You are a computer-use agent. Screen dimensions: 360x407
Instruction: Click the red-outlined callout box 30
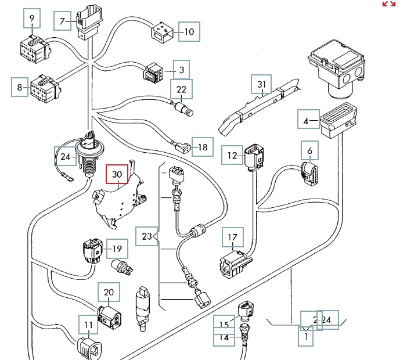[117, 174]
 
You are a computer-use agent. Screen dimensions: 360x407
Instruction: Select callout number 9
[32, 20]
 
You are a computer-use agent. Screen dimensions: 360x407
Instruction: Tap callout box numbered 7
[62, 21]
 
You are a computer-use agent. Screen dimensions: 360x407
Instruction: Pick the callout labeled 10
[189, 31]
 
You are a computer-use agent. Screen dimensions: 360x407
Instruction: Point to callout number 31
[262, 85]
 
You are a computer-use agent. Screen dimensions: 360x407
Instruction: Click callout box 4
[307, 121]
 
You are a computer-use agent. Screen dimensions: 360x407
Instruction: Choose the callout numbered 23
[146, 236]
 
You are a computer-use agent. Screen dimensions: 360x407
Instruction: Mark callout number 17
[232, 237]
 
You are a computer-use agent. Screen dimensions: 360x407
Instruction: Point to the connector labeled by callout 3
[153, 73]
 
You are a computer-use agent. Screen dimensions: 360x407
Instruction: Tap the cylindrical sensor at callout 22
[185, 109]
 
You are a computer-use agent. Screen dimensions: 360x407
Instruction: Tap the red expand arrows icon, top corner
[388, 4]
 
